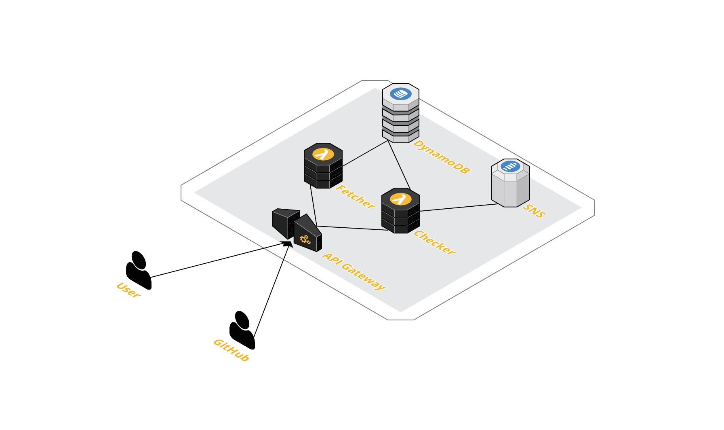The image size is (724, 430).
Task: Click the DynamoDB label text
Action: pyautogui.click(x=442, y=157)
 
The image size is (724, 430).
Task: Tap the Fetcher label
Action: pyautogui.click(x=355, y=197)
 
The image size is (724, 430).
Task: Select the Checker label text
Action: pyautogui.click(x=434, y=243)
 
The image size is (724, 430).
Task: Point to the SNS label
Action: pyautogui.click(x=534, y=211)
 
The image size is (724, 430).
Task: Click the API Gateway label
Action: pyautogui.click(x=354, y=271)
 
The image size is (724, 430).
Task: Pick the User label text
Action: pyautogui.click(x=128, y=290)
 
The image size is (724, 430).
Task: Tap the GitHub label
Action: pyautogui.click(x=232, y=350)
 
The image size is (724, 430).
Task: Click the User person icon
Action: pyautogui.click(x=139, y=270)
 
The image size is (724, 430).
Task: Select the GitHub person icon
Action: pyautogui.click(x=242, y=330)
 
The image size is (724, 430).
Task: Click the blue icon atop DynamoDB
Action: pyautogui.click(x=401, y=94)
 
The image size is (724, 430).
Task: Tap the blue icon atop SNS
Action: pyautogui.click(x=510, y=166)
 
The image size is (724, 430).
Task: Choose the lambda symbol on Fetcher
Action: pyautogui.click(x=323, y=154)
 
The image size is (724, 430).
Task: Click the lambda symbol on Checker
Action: pyautogui.click(x=401, y=199)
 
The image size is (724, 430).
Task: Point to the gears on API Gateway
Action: pyautogui.click(x=305, y=239)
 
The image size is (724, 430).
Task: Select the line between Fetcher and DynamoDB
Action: pyautogui.click(x=365, y=154)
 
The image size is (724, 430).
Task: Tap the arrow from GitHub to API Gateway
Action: pyautogui.click(x=271, y=289)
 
